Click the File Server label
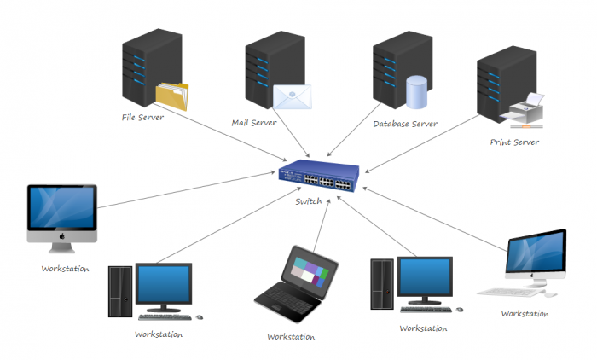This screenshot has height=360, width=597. pos(142,117)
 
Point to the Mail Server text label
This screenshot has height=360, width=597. pos(254,123)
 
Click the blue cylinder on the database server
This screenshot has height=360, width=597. pos(416,92)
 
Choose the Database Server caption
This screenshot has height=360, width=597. pos(405,124)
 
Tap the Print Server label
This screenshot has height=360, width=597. pos(514,142)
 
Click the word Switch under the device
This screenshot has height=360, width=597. pos(309,201)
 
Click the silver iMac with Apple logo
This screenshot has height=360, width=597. pos(61,218)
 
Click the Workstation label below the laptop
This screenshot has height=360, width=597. pos(291,336)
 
